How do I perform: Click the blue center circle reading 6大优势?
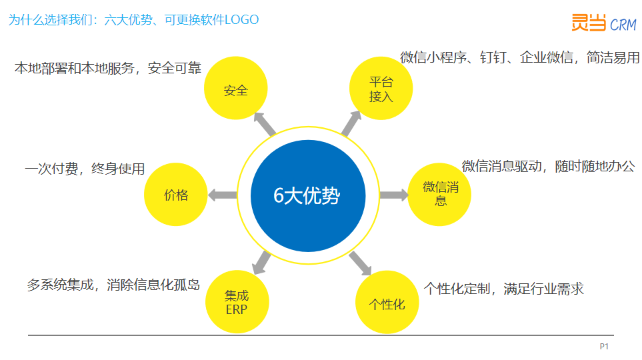pos(308,196)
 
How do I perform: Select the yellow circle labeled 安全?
pos(236,88)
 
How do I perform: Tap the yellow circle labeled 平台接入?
pos(381,88)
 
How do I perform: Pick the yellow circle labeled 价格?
pos(175,195)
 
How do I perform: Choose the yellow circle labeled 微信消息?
pos(440,195)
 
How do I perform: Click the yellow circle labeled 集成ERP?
pos(237,302)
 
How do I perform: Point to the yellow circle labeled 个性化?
pos(387,302)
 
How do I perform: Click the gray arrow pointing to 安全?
pos(265,124)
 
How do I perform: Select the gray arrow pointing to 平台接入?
pos(351,123)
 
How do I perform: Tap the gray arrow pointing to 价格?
pos(222,195)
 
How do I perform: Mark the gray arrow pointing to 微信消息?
pos(394,195)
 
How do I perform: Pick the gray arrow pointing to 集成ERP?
pos(261,263)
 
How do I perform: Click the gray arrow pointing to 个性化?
pos(360,263)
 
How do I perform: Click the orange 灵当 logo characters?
pos(589,22)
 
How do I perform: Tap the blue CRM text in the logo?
pos(623,25)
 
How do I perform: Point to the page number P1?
pos(604,347)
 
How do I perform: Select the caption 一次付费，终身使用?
pos(85,169)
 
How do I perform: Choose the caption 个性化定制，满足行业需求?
pos(503,289)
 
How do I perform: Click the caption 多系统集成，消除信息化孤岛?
pos(113,285)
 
